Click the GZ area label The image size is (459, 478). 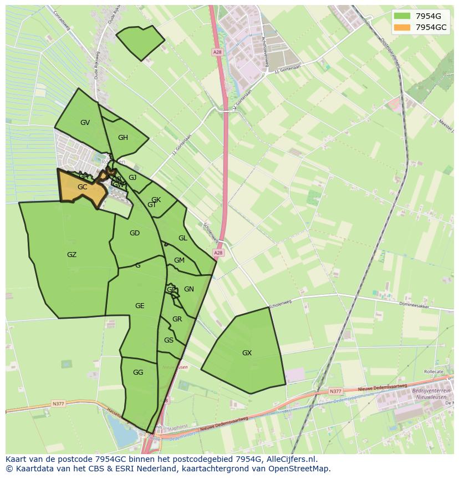72,255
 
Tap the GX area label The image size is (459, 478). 247,353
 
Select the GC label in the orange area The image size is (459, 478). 82,187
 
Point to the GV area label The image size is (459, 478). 85,123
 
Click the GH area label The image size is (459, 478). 123,138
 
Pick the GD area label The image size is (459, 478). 134,233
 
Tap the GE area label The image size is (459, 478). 140,306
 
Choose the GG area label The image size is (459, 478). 138,373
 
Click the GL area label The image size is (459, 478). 182,238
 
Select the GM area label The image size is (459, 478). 179,260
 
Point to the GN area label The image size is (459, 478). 189,289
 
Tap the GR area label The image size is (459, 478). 177,319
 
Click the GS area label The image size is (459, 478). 169,340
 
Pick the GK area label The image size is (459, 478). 156,200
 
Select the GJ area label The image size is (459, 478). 132,178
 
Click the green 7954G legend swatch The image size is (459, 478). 402,16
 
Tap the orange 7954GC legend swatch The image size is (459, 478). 402,27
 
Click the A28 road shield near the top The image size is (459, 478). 217,52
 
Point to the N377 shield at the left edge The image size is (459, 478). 58,404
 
